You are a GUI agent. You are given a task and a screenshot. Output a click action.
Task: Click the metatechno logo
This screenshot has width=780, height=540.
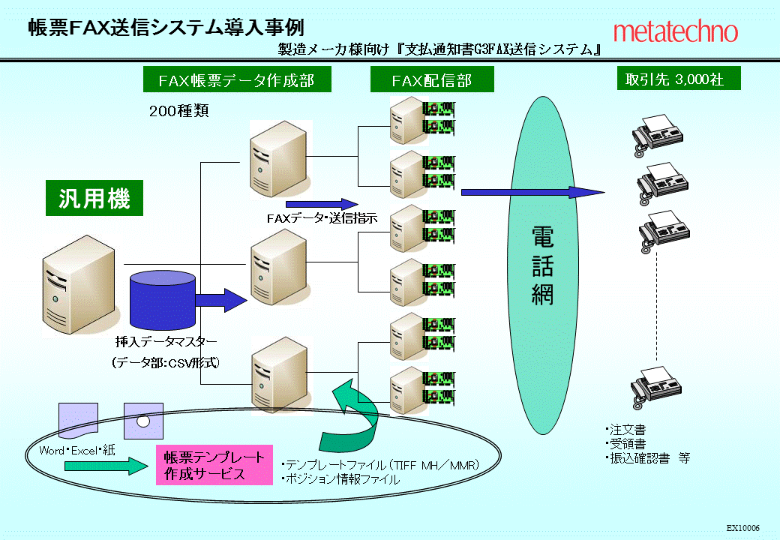(676, 31)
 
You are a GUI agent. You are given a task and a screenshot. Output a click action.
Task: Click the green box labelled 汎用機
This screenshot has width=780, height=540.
(94, 198)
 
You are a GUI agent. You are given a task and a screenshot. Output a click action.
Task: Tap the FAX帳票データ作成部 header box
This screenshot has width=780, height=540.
(237, 79)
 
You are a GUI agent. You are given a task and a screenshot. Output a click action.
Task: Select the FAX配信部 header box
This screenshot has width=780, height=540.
(432, 79)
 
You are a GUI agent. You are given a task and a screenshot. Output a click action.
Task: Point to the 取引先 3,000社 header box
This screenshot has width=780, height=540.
(679, 79)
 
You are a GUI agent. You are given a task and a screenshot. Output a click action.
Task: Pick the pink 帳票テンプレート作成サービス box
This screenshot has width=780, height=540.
(214, 465)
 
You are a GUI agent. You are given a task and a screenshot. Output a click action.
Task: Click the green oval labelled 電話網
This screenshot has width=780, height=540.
(543, 265)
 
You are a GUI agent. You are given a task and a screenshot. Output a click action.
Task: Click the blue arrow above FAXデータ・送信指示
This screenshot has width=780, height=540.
(322, 204)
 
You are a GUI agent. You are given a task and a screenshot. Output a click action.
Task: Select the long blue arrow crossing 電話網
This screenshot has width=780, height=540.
(532, 193)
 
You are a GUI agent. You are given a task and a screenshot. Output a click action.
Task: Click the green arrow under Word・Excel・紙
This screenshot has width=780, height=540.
(106, 466)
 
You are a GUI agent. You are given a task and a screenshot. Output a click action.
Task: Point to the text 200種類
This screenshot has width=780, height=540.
(179, 110)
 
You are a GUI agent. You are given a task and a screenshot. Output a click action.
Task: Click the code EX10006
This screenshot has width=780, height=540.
(743, 528)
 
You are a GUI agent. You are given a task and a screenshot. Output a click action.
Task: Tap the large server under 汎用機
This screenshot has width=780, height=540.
(79, 287)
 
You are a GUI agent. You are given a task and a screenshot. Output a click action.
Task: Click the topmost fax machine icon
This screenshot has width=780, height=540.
(658, 135)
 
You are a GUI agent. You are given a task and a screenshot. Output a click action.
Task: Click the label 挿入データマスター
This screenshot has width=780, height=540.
(166, 341)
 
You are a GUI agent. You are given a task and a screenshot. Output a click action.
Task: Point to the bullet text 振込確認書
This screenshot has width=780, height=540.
(640, 458)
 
